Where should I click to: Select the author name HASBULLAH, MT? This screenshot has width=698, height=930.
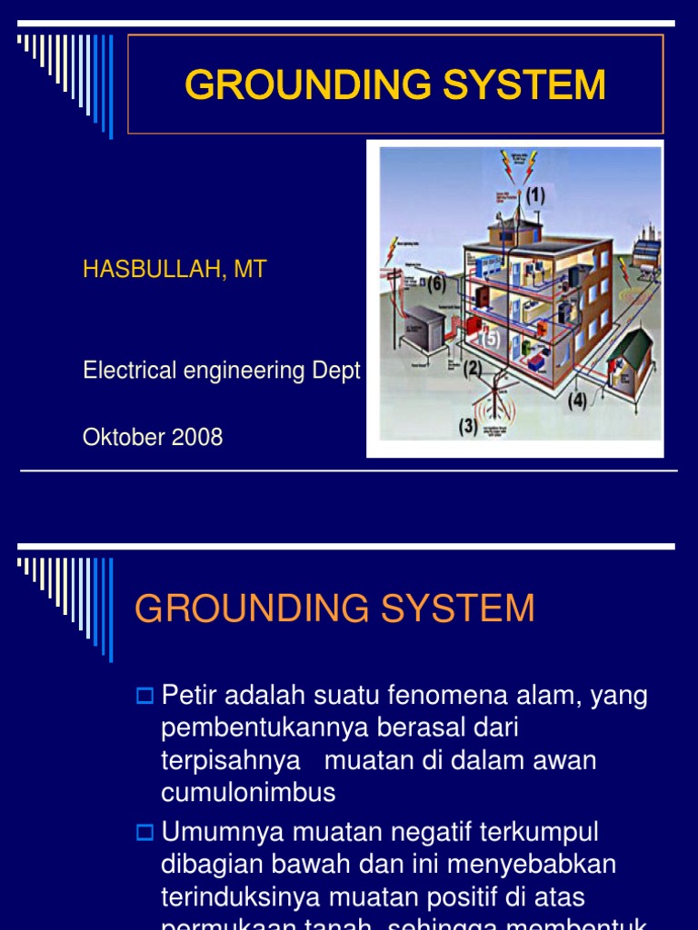pos(174,270)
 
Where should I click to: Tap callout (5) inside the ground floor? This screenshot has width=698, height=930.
pos(490,338)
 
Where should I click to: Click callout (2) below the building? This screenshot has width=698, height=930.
pos(473,370)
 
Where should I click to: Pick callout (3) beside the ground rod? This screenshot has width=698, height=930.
pos(468,424)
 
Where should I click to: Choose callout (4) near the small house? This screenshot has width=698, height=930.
pos(578,400)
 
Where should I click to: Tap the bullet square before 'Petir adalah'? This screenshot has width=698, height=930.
pos(145,697)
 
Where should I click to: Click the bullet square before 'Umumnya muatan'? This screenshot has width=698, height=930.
pos(145,831)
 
